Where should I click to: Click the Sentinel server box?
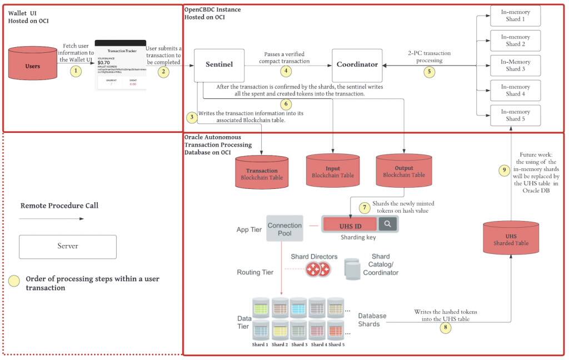coord(219,64)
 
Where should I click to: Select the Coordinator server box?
coord(357,64)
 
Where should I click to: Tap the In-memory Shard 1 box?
coord(515,16)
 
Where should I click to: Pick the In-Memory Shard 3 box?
coord(515,66)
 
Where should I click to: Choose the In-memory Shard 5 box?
coord(515,115)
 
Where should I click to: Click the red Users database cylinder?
coord(33,66)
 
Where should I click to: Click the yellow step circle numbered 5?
coord(428,71)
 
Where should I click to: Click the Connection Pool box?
coord(284,229)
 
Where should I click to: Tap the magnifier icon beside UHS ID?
coord(388,224)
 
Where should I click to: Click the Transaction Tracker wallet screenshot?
coord(120,65)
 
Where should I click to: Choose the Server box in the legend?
coord(68,246)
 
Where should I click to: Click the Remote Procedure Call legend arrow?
coord(51,218)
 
